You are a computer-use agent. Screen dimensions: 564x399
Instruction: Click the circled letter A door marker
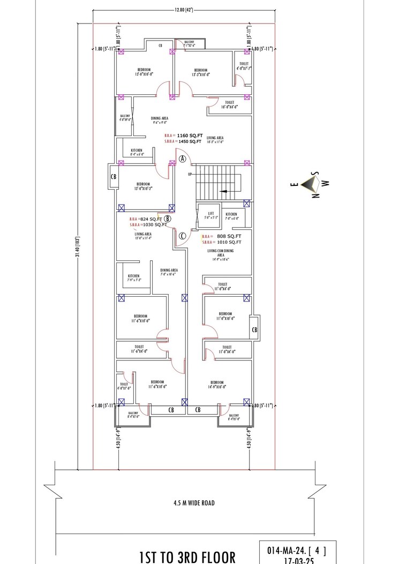point(183,159)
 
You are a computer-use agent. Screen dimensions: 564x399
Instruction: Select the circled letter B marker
point(168,219)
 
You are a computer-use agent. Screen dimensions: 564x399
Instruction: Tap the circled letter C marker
point(182,235)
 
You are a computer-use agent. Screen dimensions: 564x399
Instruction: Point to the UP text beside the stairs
point(189,175)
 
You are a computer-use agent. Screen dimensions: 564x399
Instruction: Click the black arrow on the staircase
point(223,191)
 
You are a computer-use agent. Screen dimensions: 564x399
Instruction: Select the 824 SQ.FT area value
point(151,220)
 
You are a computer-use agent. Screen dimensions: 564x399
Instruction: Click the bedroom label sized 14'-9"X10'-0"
point(217,384)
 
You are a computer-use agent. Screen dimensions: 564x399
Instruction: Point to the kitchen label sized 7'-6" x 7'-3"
point(134,278)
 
